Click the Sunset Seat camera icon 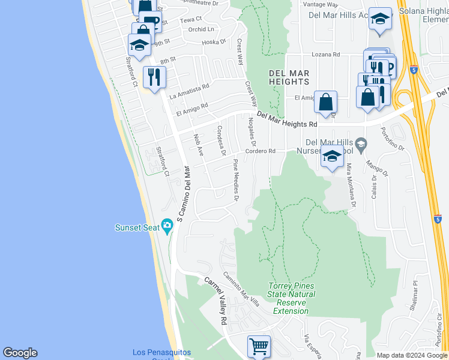(x=167, y=227)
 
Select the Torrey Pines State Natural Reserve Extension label (x=291, y=298)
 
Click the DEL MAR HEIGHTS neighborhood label (x=289, y=77)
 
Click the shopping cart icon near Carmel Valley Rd (x=259, y=346)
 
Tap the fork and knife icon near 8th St (x=154, y=77)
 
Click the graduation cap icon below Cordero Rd (x=332, y=157)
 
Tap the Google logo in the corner (x=20, y=353)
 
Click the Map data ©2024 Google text (x=412, y=355)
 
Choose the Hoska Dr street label (x=213, y=42)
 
